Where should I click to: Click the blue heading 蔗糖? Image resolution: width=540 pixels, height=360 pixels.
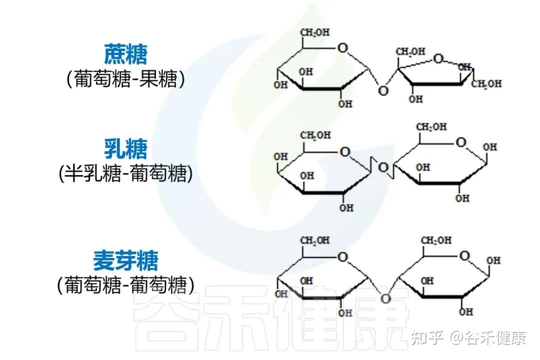pos(125,54)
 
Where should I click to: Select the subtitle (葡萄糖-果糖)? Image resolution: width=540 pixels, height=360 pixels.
pos(125,79)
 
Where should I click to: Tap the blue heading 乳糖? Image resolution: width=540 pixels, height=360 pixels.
pos(125,148)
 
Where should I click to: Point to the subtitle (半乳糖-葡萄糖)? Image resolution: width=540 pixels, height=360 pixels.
pos(125,173)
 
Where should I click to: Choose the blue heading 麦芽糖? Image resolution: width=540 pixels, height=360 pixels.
pos(125,260)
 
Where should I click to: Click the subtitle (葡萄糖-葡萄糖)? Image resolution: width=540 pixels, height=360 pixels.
pos(125,285)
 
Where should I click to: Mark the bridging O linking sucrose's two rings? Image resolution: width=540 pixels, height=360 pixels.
pos(383,90)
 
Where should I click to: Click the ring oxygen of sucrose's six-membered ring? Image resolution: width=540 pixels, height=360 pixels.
pos(342,48)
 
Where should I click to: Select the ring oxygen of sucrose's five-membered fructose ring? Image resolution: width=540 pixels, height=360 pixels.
pos(438,59)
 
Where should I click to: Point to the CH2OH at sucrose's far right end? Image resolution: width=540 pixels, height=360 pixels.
pos(486,84)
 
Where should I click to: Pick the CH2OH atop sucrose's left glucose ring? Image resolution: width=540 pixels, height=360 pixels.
pos(314,33)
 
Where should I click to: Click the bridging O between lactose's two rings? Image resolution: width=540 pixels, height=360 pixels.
pos(383,167)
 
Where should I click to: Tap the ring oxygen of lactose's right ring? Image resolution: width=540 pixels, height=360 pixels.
pos(460,142)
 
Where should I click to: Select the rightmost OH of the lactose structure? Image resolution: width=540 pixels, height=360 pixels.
pos(490,147)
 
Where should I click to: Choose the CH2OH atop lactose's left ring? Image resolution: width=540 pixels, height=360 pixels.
pos(315,135)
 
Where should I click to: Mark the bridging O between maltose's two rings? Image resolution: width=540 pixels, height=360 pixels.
pos(385,298)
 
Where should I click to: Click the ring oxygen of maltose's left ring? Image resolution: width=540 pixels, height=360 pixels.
pos(342,257)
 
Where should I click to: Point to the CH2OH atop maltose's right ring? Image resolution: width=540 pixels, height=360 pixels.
pos(435,240)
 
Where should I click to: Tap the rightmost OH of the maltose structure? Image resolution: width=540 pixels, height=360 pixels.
pos(493,260)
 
